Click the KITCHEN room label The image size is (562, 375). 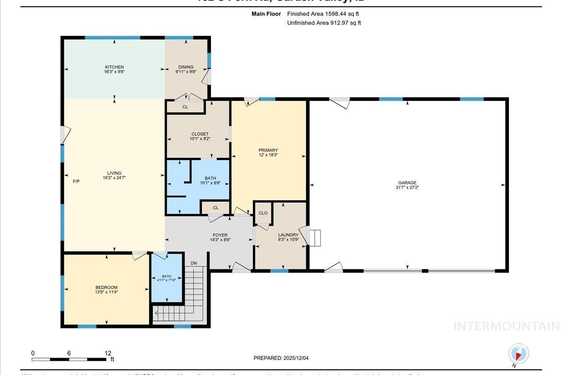[x=114, y=67]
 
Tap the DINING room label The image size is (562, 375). [x=185, y=67]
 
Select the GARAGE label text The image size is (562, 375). [x=407, y=183]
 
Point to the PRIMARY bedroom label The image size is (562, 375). [x=268, y=150]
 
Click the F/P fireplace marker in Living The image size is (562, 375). [x=76, y=181]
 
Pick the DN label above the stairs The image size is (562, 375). [x=194, y=263]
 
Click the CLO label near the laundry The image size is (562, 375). [x=263, y=213]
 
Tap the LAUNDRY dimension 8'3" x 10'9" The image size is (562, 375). [x=288, y=240]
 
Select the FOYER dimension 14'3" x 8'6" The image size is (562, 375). [x=220, y=240]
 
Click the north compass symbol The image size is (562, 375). [x=518, y=354]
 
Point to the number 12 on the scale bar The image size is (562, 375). [x=108, y=353]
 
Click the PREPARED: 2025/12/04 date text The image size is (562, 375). [x=281, y=358]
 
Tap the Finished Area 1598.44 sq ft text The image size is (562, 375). [x=323, y=14]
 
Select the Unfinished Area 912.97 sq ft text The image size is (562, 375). [x=324, y=22]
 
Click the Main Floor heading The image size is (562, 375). [x=266, y=14]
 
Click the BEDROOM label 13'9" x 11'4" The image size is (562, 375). [x=106, y=290]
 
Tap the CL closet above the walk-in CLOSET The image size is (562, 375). [x=185, y=107]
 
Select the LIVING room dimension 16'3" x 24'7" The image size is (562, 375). [x=114, y=178]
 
